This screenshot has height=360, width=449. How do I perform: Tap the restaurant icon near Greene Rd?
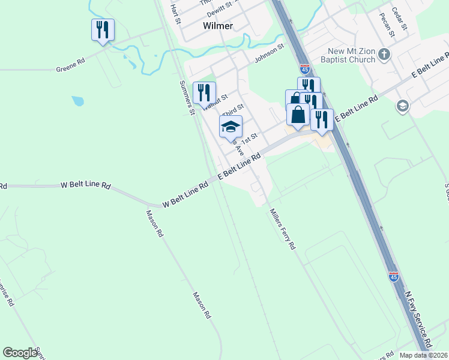pyautogui.click(x=103, y=29)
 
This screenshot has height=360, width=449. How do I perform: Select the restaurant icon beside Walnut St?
pyautogui.click(x=204, y=92)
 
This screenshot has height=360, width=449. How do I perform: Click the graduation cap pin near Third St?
pyautogui.click(x=231, y=127)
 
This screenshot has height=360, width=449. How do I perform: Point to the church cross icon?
pyautogui.click(x=384, y=56)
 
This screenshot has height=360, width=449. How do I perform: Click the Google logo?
pyautogui.click(x=20, y=353)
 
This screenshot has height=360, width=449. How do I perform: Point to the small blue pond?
pyautogui.click(x=77, y=101)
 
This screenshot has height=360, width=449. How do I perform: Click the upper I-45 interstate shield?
pyautogui.click(x=305, y=69)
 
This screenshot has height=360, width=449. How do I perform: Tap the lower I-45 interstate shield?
pyautogui.click(x=393, y=276)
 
